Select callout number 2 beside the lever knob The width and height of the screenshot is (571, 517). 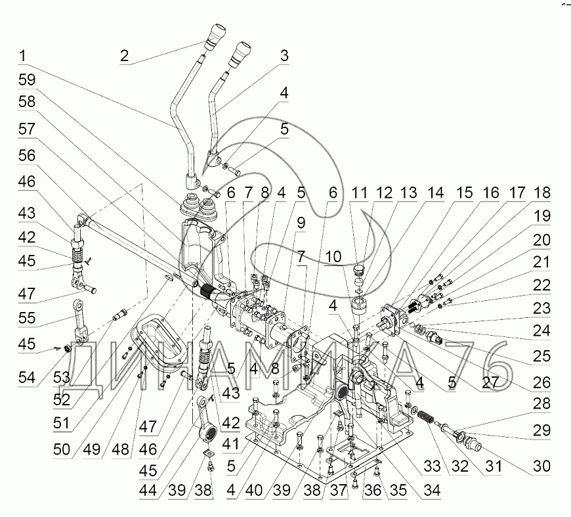[124, 55]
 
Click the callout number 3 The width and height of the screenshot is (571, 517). [284, 56]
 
